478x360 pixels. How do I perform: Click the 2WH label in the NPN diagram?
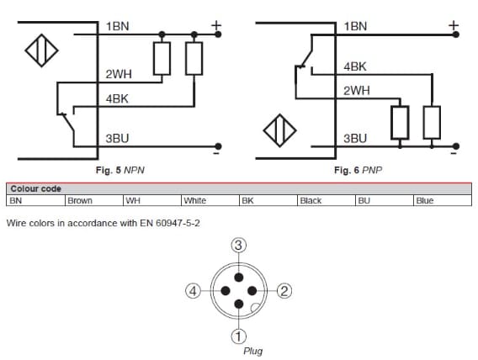coord(118,75)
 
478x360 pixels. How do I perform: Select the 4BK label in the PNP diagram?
coord(355,66)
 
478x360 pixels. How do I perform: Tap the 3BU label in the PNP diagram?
coord(355,138)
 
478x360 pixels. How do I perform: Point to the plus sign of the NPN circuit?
coord(216,25)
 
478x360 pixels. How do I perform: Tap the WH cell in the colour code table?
coord(132,201)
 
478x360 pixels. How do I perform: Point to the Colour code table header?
coord(35,189)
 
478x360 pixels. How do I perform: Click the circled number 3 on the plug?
coord(239,245)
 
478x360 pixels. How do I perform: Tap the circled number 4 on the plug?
coord(193,291)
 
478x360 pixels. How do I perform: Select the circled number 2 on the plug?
coord(284,291)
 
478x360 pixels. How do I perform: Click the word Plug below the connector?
coord(252,351)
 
